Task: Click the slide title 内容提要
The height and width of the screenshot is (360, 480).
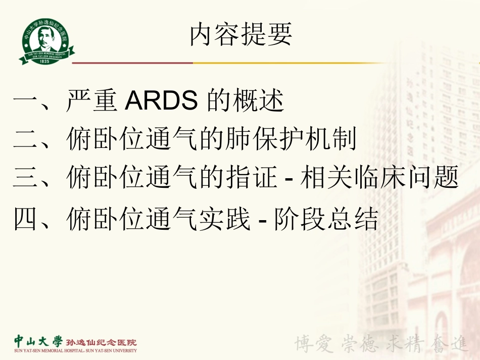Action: point(241,36)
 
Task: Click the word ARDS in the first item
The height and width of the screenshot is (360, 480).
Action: point(161,101)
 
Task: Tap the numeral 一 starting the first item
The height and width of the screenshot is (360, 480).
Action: point(25,102)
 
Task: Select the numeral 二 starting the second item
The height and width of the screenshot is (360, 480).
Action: point(25,139)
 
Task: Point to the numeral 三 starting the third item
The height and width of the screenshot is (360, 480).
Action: point(25,177)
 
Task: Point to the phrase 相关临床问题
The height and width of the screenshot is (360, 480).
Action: point(379,177)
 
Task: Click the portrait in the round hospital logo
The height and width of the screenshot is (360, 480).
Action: point(45,38)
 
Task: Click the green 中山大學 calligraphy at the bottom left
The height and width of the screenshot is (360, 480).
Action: point(35,341)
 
